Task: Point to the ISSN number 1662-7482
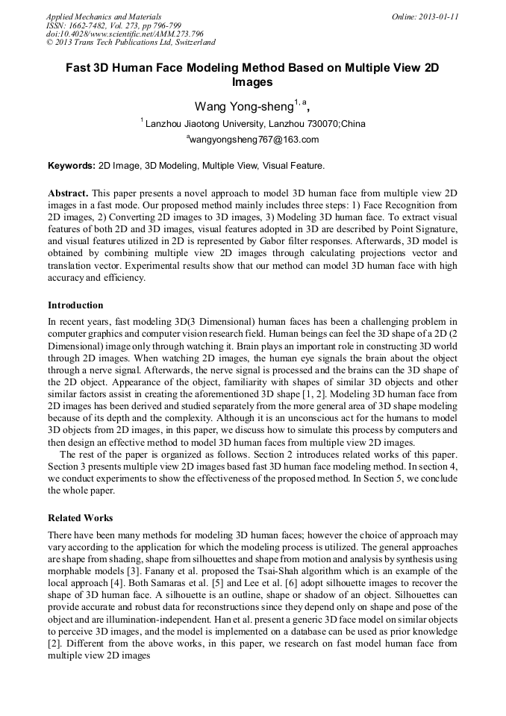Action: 87,25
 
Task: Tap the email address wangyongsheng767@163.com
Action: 254,140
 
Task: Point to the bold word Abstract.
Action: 68,193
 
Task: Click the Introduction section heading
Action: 75,305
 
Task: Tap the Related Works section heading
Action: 81,517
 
